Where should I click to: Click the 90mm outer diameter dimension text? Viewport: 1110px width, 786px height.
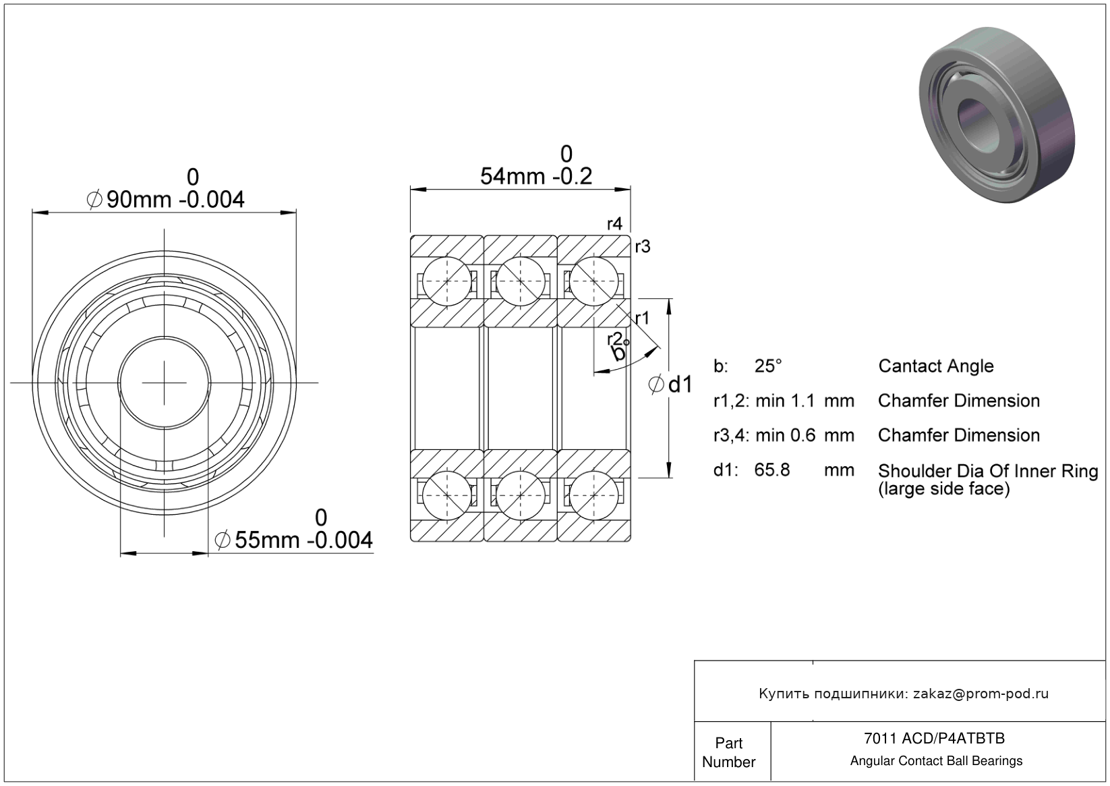165,199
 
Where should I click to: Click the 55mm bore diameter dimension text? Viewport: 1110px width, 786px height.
294,540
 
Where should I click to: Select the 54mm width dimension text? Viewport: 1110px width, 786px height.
536,176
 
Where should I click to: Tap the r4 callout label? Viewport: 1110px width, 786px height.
614,224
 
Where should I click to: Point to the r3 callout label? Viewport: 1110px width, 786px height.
643,246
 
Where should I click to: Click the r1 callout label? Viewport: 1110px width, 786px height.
642,318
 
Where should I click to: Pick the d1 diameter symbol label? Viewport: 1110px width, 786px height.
670,385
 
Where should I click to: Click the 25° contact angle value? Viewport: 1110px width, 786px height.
768,366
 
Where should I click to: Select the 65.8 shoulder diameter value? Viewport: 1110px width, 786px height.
772,470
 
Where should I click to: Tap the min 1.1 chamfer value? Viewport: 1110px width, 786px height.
785,401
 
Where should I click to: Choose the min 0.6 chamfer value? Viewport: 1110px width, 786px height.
785,435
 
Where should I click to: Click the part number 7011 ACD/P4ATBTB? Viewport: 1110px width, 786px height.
935,738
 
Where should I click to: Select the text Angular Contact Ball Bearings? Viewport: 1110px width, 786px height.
937,761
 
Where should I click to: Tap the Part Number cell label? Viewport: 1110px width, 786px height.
729,752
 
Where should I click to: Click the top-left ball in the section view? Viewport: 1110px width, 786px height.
447,281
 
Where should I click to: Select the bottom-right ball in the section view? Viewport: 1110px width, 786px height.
593,495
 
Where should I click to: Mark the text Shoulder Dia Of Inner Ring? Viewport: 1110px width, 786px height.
988,471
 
